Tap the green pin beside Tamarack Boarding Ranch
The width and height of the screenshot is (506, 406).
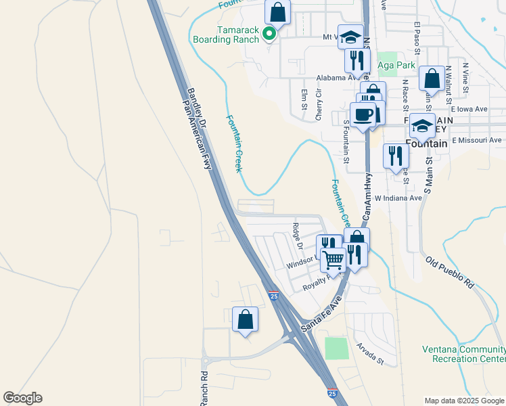(269, 33)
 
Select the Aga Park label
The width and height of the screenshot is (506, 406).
(396, 65)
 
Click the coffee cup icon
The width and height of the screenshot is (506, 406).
(363, 115)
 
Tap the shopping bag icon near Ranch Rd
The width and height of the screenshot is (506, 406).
(245, 319)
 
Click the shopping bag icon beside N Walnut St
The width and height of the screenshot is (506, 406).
(432, 78)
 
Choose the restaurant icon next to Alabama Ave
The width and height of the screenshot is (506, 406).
(356, 60)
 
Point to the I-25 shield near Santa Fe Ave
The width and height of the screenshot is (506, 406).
(273, 296)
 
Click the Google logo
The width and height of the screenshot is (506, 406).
(22, 398)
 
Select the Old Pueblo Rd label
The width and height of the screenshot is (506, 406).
(450, 273)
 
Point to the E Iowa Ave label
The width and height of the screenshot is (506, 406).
(469, 109)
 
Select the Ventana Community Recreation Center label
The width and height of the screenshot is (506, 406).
(463, 354)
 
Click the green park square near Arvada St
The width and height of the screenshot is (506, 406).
(336, 348)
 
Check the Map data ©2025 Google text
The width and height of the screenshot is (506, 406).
(463, 401)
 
